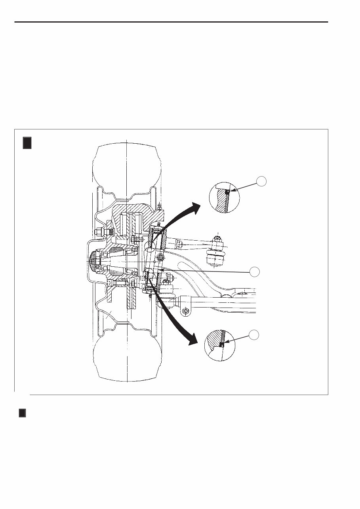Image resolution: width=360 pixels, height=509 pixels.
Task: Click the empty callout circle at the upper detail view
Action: tap(261, 182)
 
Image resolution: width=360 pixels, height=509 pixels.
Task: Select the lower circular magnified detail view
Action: tap(220, 346)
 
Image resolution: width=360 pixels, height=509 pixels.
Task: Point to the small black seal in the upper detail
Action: tap(228, 192)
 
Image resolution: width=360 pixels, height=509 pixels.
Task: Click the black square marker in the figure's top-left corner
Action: tap(27, 143)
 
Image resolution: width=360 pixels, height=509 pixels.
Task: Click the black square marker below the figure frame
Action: tap(23, 413)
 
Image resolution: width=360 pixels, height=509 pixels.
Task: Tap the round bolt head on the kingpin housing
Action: tap(160, 258)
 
